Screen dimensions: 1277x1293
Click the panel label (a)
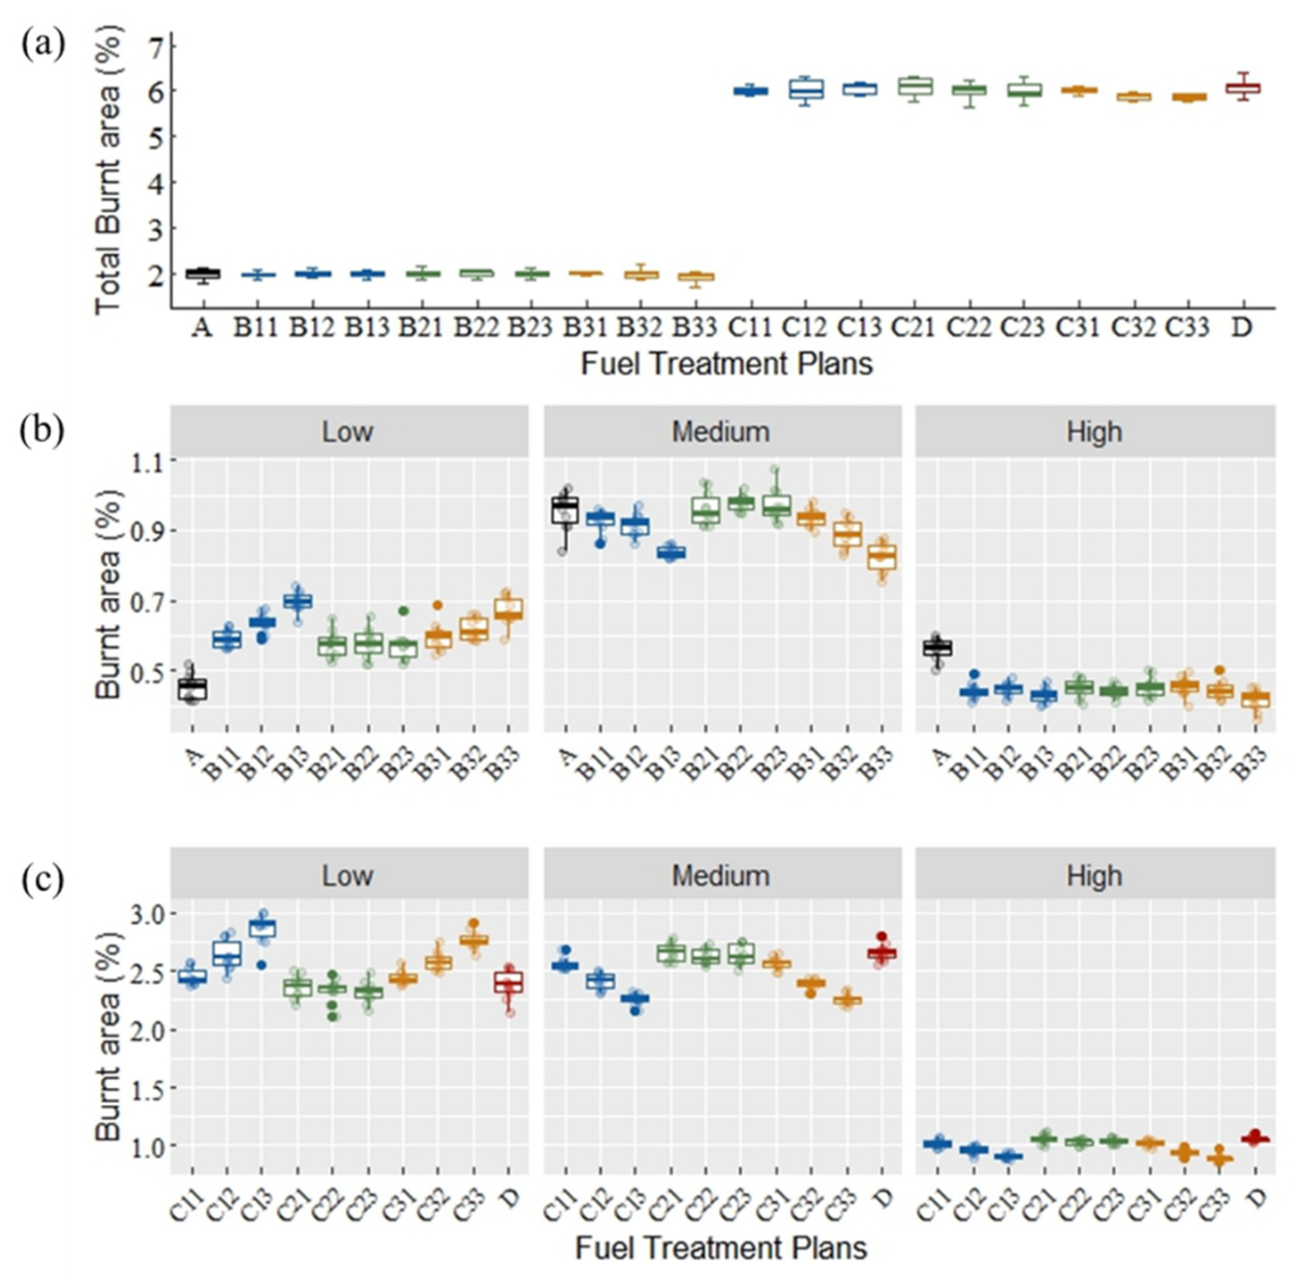point(44,45)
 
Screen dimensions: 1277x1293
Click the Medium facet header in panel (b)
point(721,432)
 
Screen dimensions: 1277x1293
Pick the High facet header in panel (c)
point(1094,876)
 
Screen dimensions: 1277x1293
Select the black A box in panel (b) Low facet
point(193,689)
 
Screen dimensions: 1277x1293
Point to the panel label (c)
point(44,880)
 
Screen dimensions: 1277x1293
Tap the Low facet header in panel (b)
point(348,432)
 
